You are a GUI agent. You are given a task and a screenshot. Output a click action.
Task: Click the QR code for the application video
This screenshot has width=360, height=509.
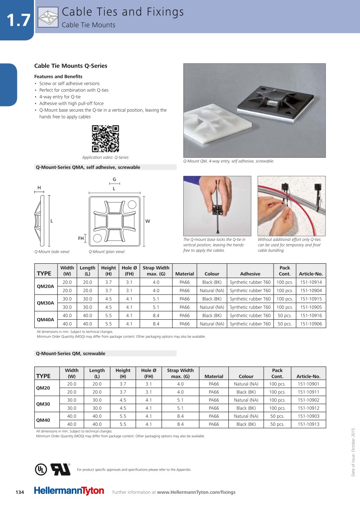coord(106,139)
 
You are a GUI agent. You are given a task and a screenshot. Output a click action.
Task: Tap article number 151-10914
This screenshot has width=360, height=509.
coord(311,283)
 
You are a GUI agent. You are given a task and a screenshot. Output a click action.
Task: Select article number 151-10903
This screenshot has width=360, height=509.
coord(308,416)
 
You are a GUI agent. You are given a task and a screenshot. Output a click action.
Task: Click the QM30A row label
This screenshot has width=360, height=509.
coord(45,303)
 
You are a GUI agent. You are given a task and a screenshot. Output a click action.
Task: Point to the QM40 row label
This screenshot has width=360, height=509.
coord(43,420)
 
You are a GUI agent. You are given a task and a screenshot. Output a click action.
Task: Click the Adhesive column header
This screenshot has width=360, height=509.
coord(250,274)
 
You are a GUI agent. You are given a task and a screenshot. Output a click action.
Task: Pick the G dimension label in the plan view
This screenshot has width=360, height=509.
coord(114,180)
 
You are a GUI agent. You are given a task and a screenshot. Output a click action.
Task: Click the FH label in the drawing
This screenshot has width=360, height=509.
coord(81,238)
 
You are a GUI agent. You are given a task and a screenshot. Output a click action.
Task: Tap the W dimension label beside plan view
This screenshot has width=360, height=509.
coord(148,221)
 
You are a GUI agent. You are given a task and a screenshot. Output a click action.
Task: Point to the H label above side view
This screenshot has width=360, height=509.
coord(39,188)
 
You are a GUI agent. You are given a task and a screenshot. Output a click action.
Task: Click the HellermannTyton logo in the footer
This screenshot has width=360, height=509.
coord(69,491)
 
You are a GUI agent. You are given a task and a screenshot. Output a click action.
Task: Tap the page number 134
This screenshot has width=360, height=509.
coord(20,492)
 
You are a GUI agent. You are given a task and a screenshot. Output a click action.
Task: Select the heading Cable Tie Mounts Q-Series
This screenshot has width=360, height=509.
coord(71,66)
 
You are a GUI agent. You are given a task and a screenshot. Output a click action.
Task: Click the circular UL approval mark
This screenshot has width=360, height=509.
coord(40,469)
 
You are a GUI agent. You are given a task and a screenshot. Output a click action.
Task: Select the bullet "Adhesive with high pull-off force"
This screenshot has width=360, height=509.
coord(71,104)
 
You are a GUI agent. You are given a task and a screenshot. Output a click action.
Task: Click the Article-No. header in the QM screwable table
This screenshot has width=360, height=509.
coord(308,377)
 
